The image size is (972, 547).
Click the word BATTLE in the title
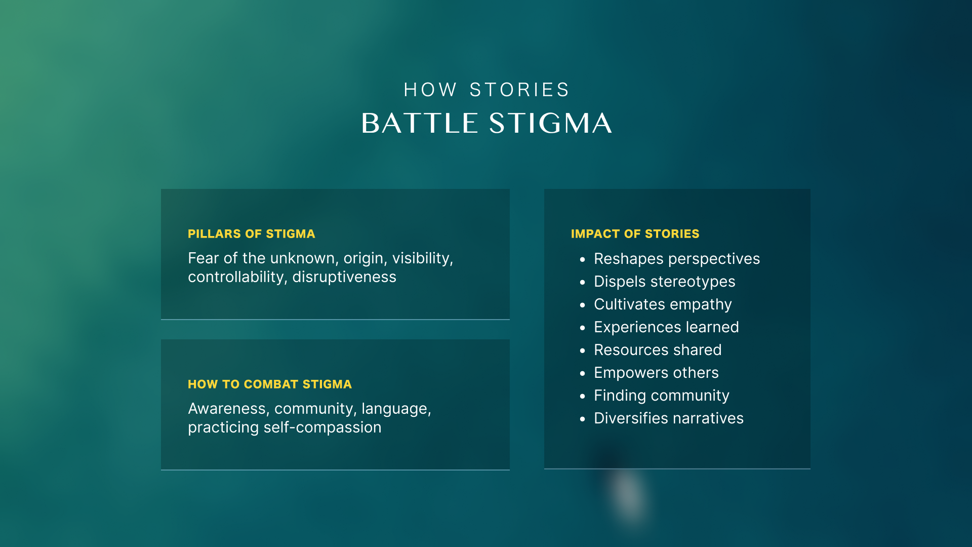coord(420,123)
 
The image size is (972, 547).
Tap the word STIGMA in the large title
coord(551,123)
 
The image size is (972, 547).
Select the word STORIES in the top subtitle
coord(519,90)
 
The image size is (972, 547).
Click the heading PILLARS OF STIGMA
coord(252,234)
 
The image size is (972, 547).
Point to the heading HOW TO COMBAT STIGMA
coord(270,384)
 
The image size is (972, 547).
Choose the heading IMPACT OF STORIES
coord(635,234)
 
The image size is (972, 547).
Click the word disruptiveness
coord(344,277)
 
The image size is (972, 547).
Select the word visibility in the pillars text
coord(423,259)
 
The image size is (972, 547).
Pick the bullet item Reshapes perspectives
coord(677,259)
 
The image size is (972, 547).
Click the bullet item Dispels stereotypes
coord(665,282)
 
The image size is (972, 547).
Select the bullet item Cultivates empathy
coord(663,305)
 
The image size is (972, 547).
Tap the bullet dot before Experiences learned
coord(583,328)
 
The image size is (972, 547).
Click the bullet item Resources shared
coord(658,350)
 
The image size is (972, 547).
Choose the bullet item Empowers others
coord(657,373)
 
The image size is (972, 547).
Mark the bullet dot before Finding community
coord(583,396)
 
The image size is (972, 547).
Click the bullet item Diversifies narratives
coord(669,418)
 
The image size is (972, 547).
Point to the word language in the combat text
coord(396,409)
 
